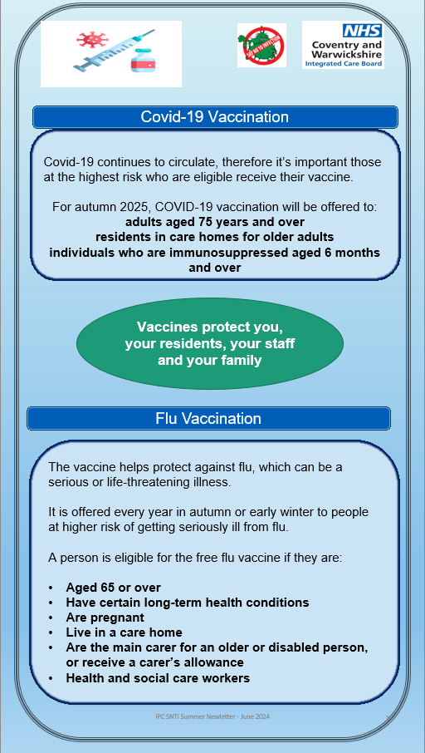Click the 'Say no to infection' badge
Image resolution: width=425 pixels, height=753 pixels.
tap(261, 45)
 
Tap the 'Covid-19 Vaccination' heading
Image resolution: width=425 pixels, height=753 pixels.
tap(214, 117)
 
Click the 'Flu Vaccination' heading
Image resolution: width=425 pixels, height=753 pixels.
tap(208, 418)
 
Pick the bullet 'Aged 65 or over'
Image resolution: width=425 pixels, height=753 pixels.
tap(113, 588)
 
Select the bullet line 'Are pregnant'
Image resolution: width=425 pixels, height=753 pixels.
tap(105, 618)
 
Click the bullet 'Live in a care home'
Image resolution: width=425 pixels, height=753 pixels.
tap(124, 632)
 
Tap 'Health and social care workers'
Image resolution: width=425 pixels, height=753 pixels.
tap(158, 677)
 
